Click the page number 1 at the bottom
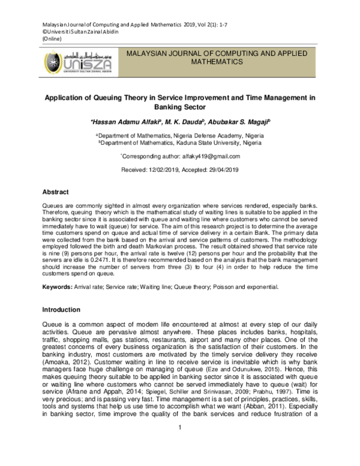(179, 444)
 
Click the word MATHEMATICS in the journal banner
(217, 61)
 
